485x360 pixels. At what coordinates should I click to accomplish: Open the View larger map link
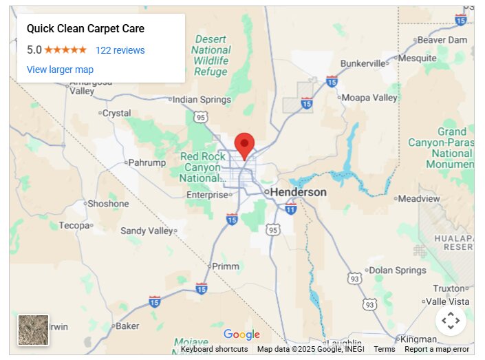(x=60, y=70)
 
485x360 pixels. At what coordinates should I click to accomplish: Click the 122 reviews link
(x=120, y=50)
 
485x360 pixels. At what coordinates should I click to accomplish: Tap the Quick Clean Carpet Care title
(x=85, y=29)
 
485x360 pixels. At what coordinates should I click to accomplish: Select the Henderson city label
(x=298, y=192)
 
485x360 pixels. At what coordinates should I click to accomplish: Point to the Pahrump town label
(x=147, y=163)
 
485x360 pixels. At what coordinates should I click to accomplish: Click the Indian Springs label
(x=202, y=100)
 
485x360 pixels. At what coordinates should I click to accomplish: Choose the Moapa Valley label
(x=369, y=98)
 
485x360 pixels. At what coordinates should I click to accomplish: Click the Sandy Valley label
(x=147, y=231)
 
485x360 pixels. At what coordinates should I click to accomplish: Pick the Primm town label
(x=226, y=266)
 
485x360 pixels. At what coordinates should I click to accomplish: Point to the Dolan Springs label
(x=398, y=271)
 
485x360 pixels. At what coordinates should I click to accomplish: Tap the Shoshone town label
(x=108, y=204)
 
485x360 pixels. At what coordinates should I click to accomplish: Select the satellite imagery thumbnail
(x=34, y=330)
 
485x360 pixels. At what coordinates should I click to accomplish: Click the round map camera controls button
(x=451, y=320)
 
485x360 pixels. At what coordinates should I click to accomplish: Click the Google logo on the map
(x=241, y=335)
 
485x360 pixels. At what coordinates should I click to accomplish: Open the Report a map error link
(x=437, y=350)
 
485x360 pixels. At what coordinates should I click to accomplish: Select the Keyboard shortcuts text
(x=214, y=350)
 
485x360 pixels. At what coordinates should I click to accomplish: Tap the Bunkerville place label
(x=364, y=64)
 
